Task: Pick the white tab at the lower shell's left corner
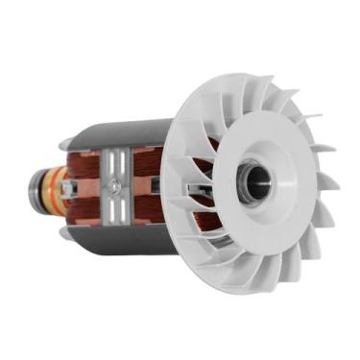pyautogui.click(x=65, y=230)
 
